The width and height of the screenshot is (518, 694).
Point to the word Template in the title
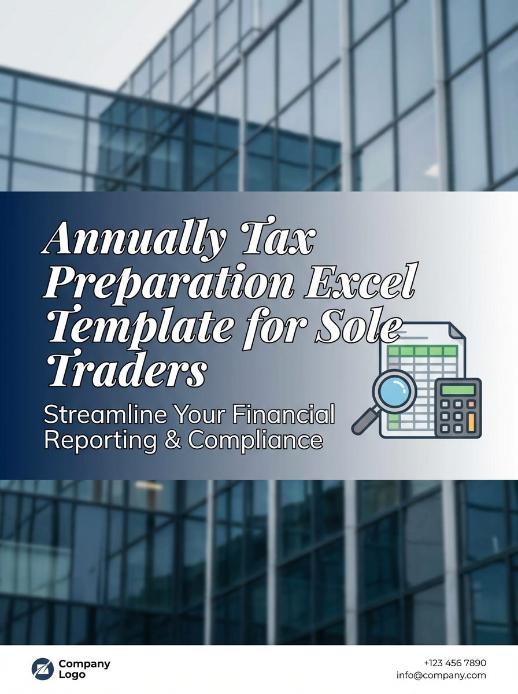click(x=139, y=326)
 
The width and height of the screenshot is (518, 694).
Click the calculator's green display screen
click(x=458, y=389)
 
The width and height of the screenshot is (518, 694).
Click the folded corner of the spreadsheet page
click(x=457, y=332)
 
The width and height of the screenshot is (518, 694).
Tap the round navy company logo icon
click(x=42, y=669)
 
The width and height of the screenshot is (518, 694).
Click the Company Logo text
click(x=84, y=669)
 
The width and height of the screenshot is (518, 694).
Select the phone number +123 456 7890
click(x=455, y=663)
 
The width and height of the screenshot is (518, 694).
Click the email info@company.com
click(x=441, y=675)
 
